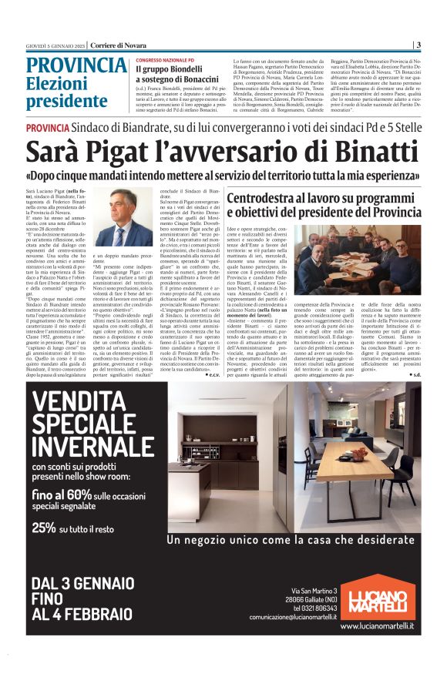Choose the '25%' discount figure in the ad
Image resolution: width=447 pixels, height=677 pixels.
[x=44, y=528]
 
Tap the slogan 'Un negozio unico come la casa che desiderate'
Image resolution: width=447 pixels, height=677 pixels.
[x=295, y=539]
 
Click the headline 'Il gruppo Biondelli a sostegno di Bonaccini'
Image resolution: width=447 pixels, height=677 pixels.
[x=178, y=75]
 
